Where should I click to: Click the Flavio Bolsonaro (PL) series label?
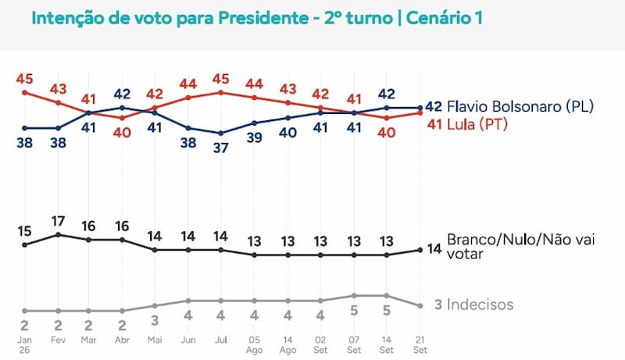(520, 106)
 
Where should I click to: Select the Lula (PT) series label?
(477, 125)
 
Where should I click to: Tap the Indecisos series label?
(480, 305)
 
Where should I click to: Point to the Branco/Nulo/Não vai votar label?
(520, 247)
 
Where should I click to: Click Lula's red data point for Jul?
(221, 93)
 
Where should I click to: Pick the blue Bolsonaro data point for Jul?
(221, 133)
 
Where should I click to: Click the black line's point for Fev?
(58, 235)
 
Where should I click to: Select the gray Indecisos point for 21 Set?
(420, 306)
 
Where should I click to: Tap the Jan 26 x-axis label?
(24, 345)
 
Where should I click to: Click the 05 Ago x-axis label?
(254, 345)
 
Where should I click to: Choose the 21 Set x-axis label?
(420, 345)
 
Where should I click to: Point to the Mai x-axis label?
(155, 340)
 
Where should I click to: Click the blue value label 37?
(221, 148)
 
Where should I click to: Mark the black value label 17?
(58, 221)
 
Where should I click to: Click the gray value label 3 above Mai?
(155, 320)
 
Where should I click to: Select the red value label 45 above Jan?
(25, 79)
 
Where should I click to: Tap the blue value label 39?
(255, 137)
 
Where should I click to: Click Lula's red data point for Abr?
(122, 118)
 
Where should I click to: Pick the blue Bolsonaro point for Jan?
(25, 128)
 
